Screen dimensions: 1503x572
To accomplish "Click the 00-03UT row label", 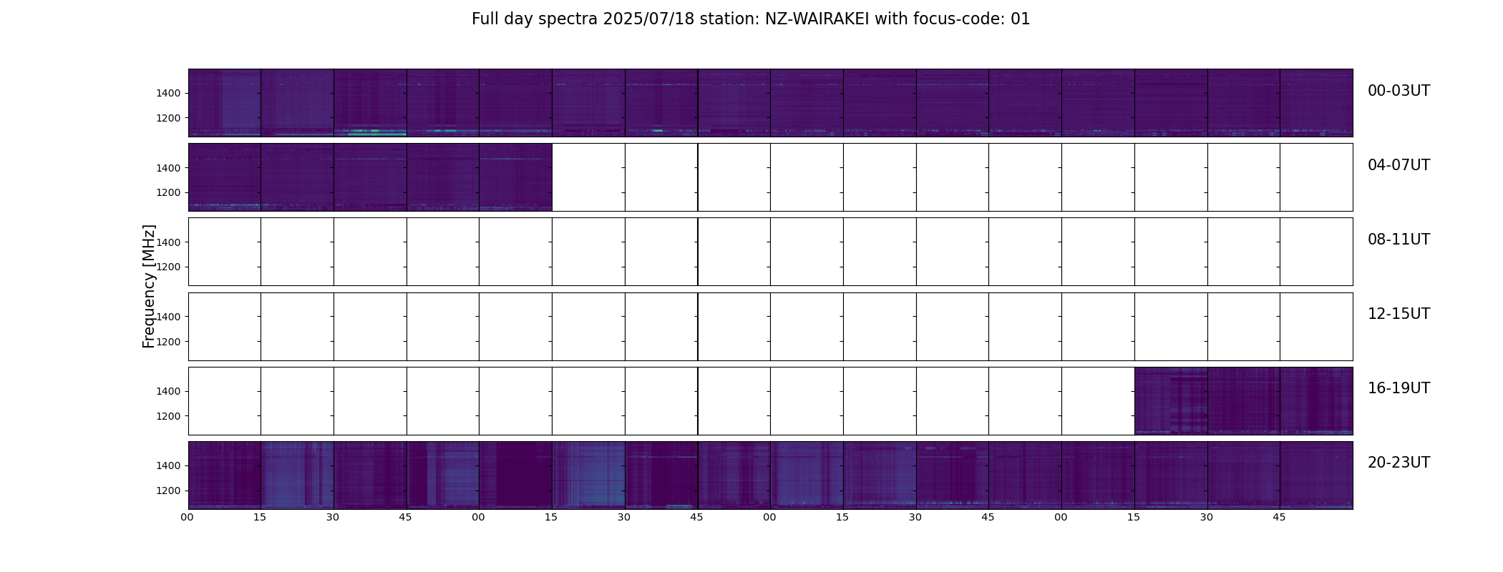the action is (x=1399, y=91).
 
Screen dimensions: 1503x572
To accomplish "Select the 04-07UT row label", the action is (x=1399, y=165).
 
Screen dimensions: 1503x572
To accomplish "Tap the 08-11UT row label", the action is (x=1399, y=240).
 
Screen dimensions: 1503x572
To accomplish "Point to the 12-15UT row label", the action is (x=1399, y=314).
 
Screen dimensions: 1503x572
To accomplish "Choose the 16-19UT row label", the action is (x=1399, y=388).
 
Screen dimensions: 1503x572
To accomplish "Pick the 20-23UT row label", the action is (x=1399, y=463).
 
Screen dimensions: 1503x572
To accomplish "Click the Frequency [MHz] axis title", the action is (x=149, y=286).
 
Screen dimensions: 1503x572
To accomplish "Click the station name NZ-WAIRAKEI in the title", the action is (x=817, y=19).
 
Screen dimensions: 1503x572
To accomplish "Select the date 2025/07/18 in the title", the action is (x=648, y=19).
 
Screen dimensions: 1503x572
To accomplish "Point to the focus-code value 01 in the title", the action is (x=1021, y=19).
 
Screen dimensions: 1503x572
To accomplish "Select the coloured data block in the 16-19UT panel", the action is (x=1244, y=401).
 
